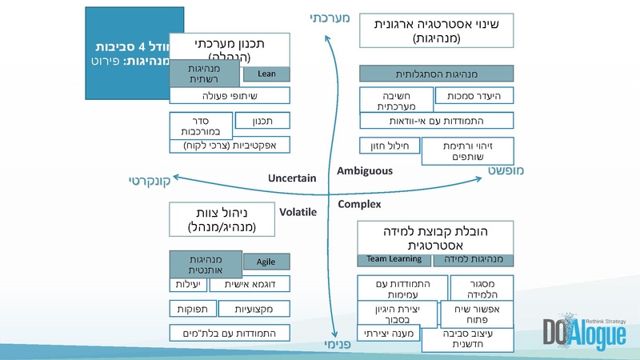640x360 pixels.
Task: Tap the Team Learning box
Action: coord(394,260)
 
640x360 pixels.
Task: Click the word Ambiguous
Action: coord(365,170)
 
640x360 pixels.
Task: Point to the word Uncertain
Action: coord(292,178)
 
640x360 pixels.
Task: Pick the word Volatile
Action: coord(298,212)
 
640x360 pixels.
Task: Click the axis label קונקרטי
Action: coord(151,181)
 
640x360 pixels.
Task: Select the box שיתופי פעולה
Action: coord(229,96)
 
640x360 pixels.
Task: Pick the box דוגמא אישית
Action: coord(250,284)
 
